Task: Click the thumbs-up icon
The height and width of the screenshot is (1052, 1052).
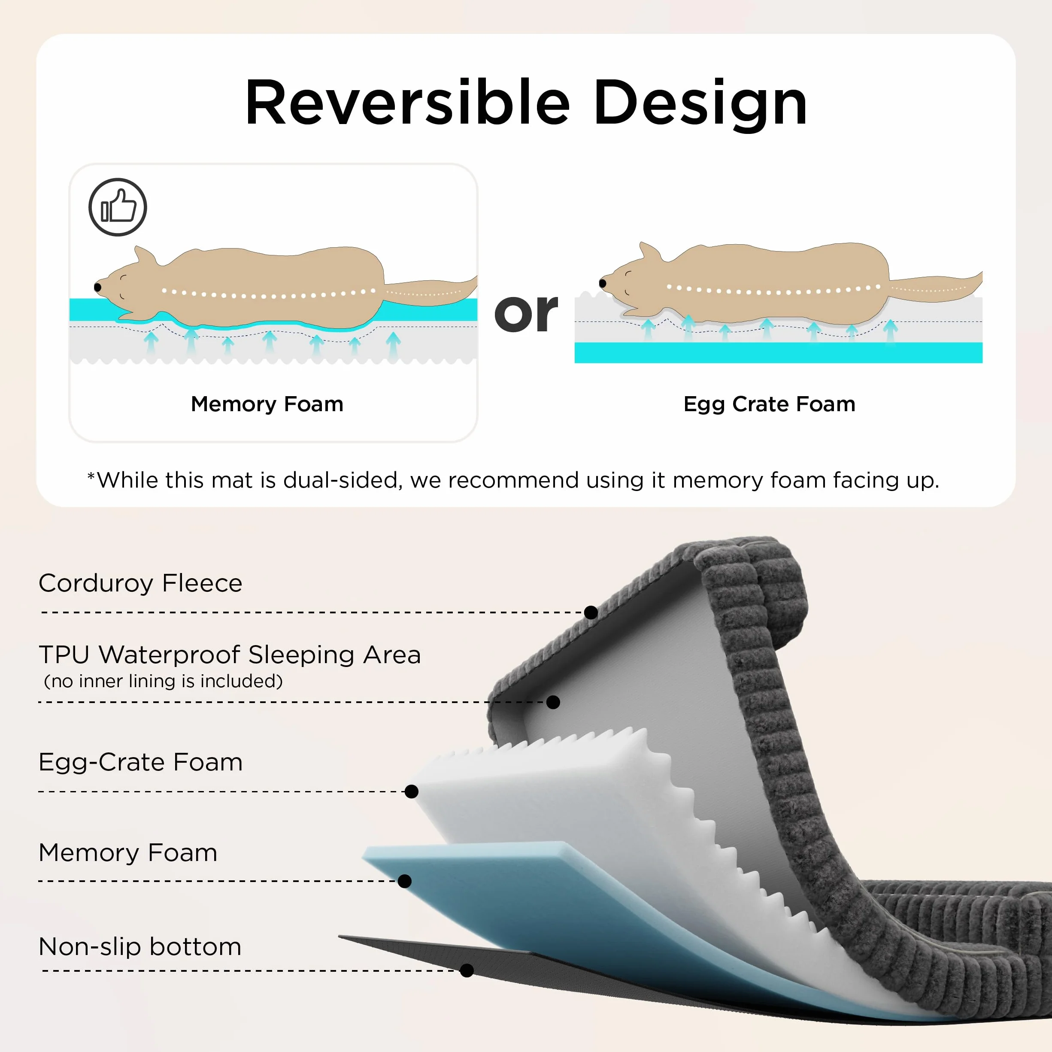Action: pyautogui.click(x=118, y=207)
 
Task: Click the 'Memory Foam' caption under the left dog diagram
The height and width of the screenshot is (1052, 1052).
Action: pyautogui.click(x=267, y=404)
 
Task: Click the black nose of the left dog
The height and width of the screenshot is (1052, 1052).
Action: pyautogui.click(x=97, y=287)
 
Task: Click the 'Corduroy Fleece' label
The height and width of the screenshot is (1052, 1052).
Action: pyautogui.click(x=140, y=583)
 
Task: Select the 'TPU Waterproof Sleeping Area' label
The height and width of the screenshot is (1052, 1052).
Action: pyautogui.click(x=230, y=655)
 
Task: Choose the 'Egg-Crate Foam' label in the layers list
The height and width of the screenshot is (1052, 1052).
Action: pyautogui.click(x=140, y=762)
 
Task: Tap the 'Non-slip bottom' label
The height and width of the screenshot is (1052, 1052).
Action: pyautogui.click(x=140, y=947)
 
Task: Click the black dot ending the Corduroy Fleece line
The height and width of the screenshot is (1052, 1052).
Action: pyautogui.click(x=591, y=612)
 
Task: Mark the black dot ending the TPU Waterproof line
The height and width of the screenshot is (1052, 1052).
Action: pyautogui.click(x=553, y=703)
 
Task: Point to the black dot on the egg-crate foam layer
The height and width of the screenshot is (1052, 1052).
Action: pyautogui.click(x=412, y=792)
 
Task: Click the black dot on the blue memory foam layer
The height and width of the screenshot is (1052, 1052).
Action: pyautogui.click(x=405, y=881)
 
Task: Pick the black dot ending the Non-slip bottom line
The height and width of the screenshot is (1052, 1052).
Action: pyautogui.click(x=467, y=970)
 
